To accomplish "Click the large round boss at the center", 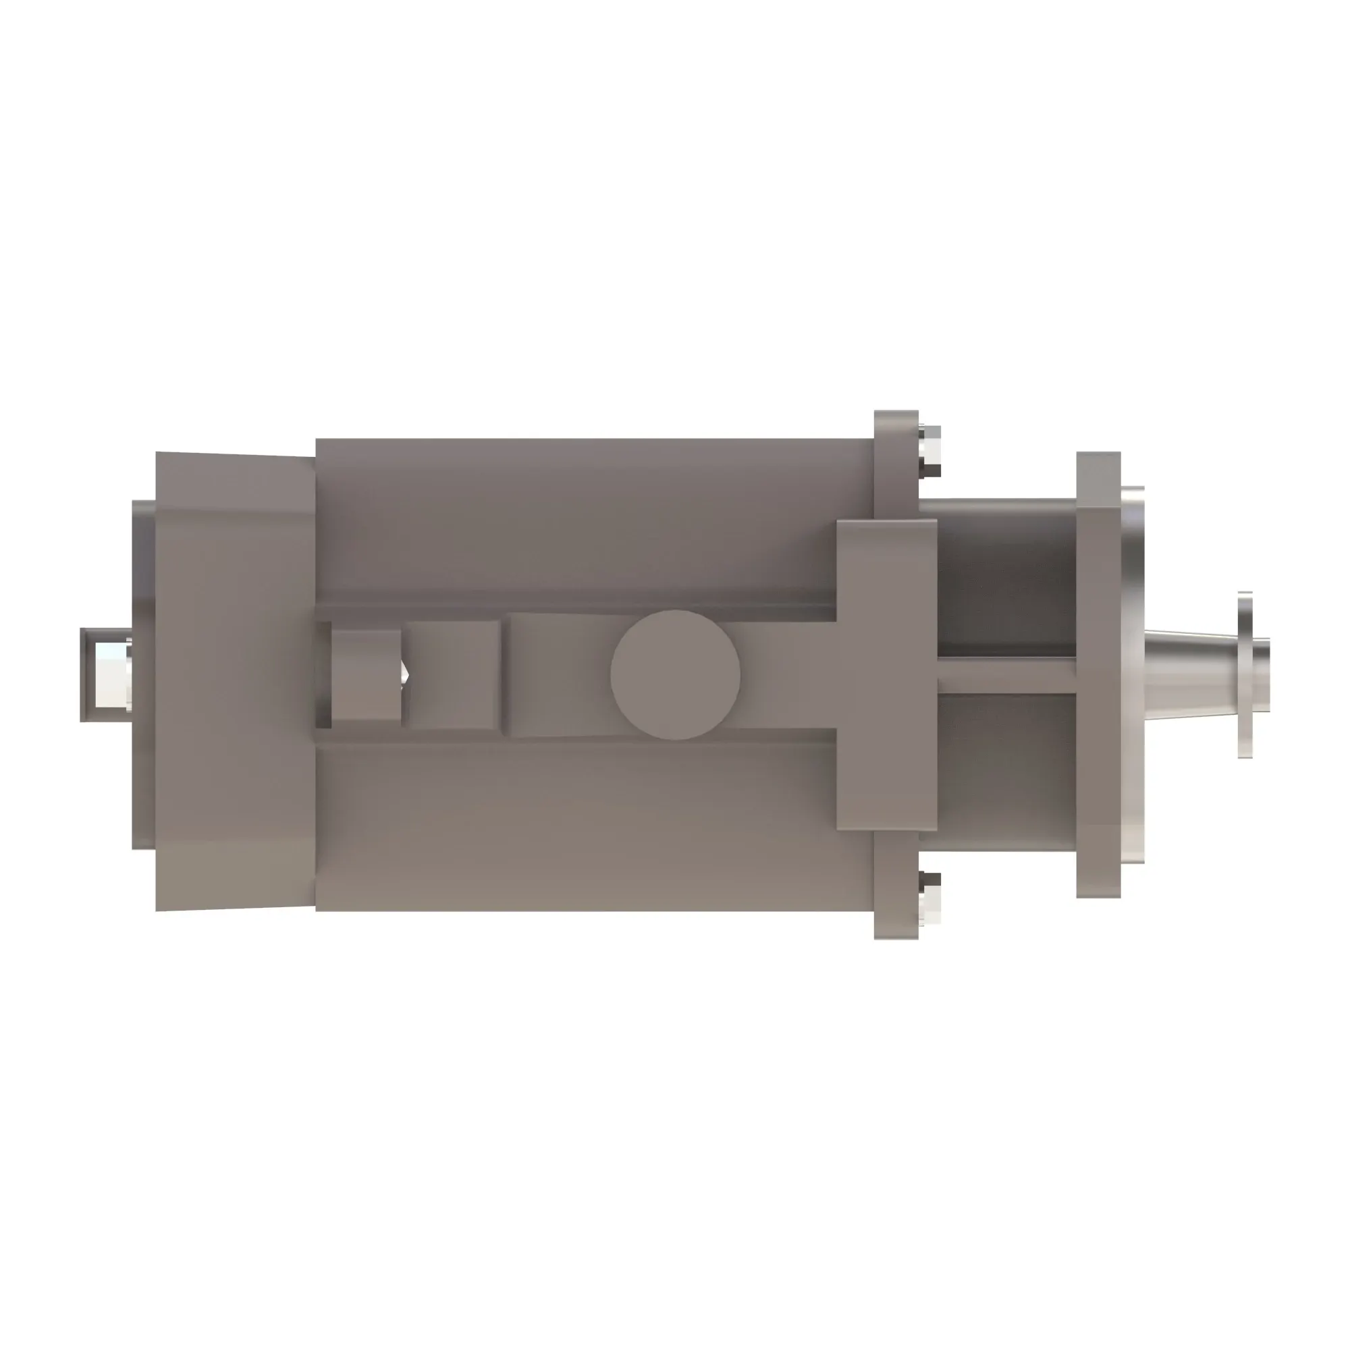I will click(675, 675).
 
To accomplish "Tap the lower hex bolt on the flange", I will click(930, 899).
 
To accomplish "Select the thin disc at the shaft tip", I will click(1245, 675).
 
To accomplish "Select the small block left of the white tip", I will click(365, 675).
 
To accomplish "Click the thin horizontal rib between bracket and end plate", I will click(1006, 676).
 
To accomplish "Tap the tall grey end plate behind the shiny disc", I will click(1098, 675).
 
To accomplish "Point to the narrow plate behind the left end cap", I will click(143, 769).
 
